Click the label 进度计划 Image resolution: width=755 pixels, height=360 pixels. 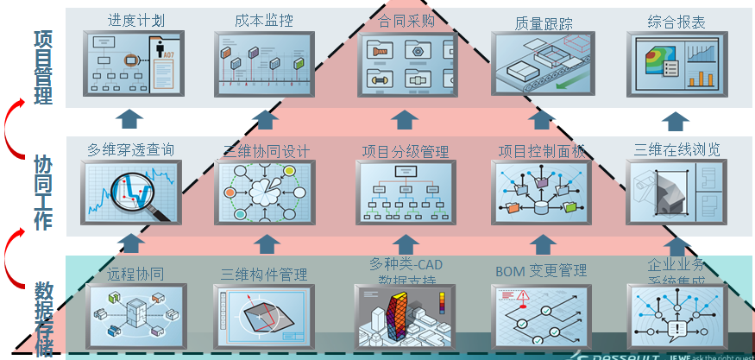[135, 20]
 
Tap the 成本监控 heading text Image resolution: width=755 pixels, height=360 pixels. [263, 20]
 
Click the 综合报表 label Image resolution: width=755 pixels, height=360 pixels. [676, 22]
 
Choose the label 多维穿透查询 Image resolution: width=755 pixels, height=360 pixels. [131, 149]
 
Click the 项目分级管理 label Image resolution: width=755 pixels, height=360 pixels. [406, 152]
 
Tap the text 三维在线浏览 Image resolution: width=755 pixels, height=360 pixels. [677, 149]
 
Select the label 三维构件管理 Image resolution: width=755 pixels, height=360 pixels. [264, 275]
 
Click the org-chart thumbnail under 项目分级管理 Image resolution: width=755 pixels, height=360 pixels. [405, 193]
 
